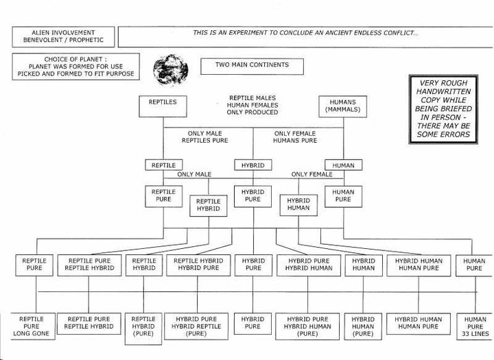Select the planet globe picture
tap(170, 70)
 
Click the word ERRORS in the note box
tap(455, 134)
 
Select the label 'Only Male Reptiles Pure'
tap(204, 137)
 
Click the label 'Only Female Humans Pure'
tap(295, 137)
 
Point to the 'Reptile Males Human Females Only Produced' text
tap(252, 105)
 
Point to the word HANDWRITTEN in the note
tap(444, 92)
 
